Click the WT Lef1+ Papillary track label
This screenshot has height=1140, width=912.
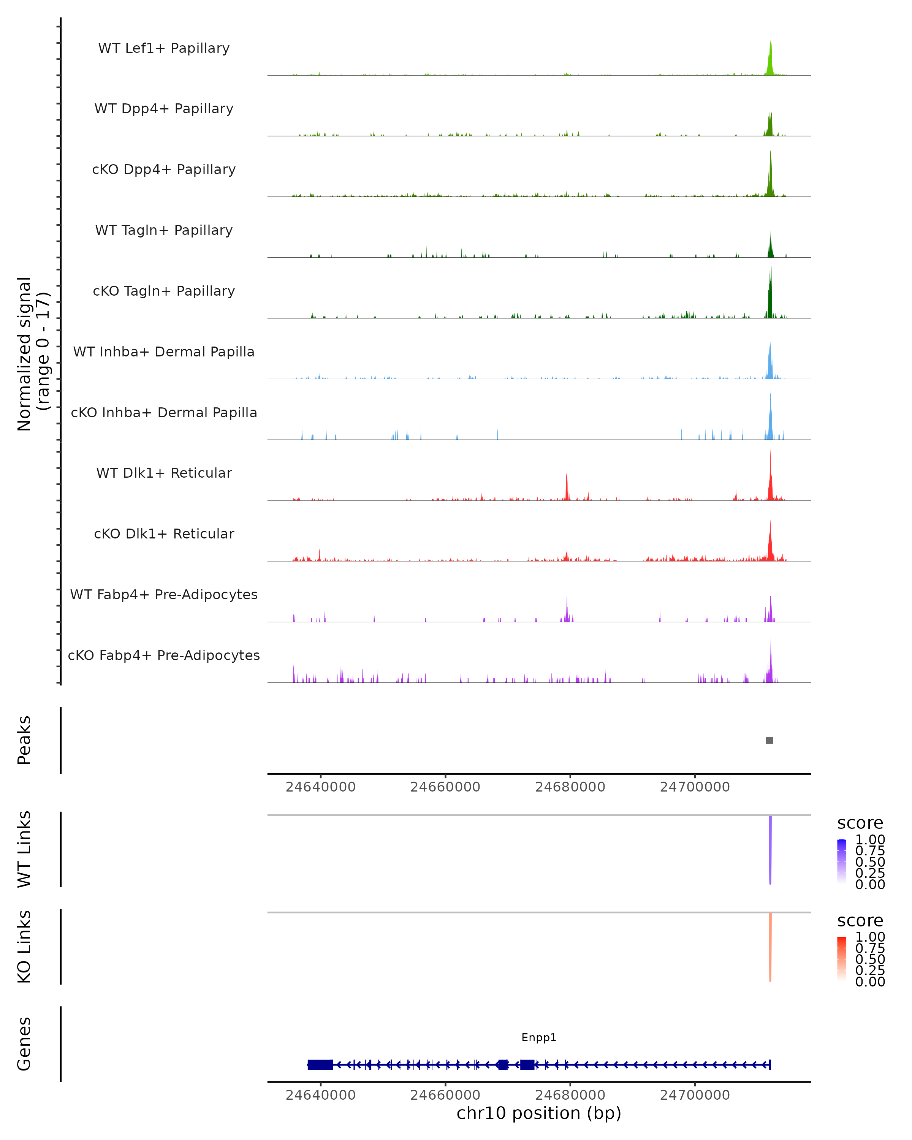coord(164,48)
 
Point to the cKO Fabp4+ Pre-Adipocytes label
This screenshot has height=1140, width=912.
coord(164,655)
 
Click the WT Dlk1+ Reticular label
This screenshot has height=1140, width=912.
coord(164,473)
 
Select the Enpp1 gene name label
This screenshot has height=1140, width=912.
coord(539,1037)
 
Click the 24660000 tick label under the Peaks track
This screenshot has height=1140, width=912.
coord(445,787)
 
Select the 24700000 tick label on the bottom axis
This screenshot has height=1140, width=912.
coord(695,1095)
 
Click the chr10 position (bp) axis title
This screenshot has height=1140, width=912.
coord(539,1113)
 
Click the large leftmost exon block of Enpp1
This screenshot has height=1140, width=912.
coord(320,1065)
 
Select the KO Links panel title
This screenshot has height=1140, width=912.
coord(24,947)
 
